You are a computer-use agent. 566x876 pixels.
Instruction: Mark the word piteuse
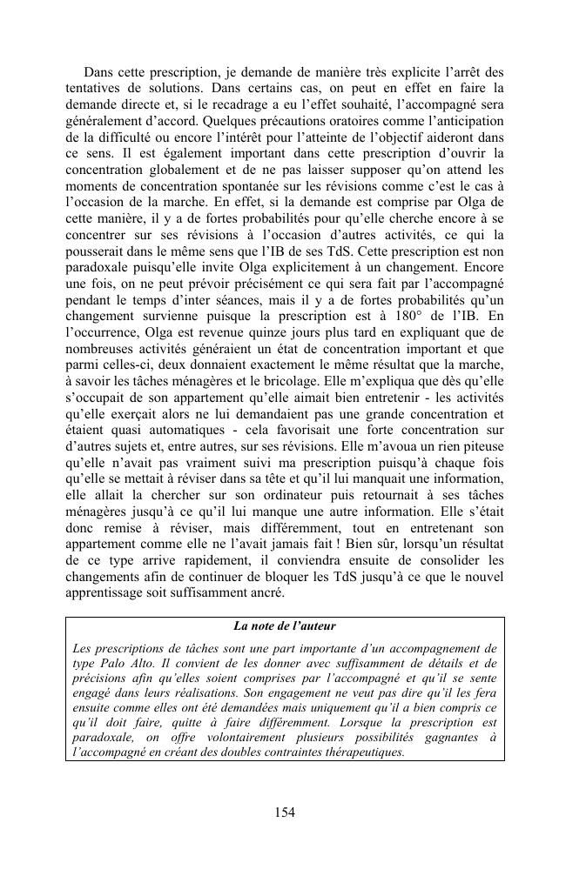480,460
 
